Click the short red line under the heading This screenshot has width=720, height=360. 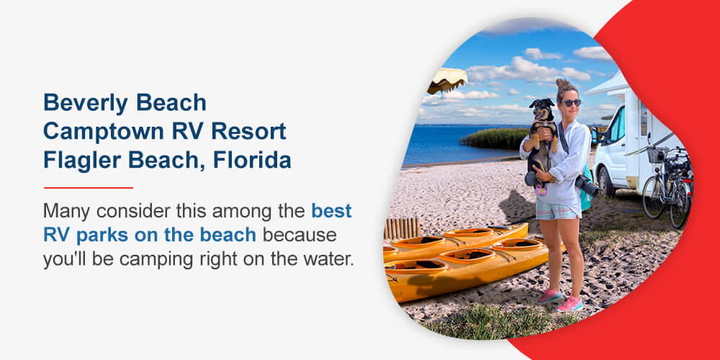(88, 187)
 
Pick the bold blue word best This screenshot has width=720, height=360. (331, 212)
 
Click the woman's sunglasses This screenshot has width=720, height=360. (571, 103)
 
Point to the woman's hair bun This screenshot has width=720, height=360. (562, 84)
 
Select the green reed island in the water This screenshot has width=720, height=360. (497, 138)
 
